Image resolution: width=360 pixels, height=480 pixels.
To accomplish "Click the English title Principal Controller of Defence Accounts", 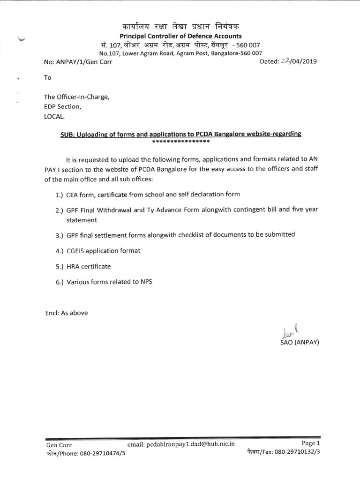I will (180, 36).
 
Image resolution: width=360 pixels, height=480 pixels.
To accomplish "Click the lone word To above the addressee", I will (47, 78).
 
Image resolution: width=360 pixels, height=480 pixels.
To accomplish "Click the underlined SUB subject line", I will (180, 134).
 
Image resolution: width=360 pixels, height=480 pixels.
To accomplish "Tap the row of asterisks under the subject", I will (180, 141).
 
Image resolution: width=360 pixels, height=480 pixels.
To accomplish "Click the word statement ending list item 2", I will (81, 219).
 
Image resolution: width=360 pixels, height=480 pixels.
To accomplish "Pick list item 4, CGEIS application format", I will (103, 250).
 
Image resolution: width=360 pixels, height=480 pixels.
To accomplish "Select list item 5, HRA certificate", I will (89, 266).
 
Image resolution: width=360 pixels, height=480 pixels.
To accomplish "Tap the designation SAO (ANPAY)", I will (299, 342).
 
